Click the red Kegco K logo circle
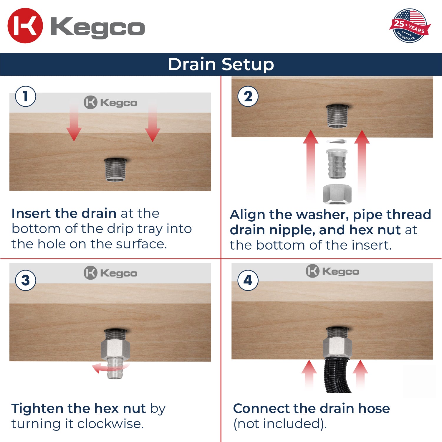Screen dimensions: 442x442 pos(25,26)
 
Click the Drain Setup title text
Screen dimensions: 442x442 pos(221,64)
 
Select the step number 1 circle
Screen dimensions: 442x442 pos(26,96)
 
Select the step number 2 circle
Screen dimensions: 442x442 pos(248,96)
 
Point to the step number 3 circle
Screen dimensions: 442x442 pos(26,280)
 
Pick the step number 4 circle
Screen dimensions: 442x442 pos(248,280)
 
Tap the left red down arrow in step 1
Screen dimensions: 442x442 pos(74,124)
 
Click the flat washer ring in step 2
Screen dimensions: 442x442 pos(337,141)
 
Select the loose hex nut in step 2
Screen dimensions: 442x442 pos(337,194)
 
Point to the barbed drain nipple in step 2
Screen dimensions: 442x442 pos(337,164)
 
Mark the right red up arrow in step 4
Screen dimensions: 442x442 pos(360,373)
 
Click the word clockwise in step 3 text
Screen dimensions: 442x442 pos(110,424)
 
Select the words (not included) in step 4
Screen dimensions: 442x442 pos(280,424)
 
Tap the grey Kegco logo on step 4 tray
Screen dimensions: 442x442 pos(332,271)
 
